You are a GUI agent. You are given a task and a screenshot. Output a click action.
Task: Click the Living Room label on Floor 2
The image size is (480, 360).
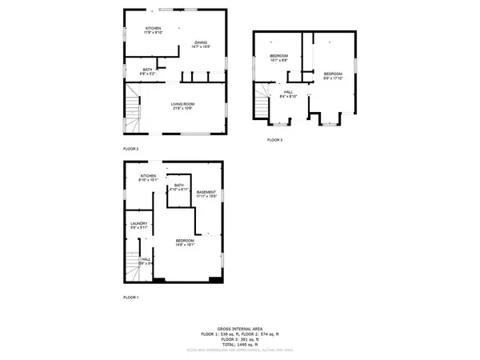182,106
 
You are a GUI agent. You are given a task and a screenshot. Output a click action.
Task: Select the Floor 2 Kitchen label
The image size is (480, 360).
153,30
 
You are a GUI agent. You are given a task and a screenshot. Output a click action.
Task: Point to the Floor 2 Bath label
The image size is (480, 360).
148,70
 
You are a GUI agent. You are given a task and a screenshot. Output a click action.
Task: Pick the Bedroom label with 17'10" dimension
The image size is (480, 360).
332,75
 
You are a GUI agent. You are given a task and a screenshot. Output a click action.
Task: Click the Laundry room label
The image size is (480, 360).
139,226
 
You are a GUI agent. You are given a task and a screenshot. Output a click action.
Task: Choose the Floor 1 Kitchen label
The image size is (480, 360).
149,178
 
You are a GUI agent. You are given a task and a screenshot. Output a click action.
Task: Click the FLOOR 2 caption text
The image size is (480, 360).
131,149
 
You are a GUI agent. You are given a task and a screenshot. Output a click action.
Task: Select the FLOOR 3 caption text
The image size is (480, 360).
275,140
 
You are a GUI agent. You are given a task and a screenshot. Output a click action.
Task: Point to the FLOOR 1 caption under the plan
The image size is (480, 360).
131,297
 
